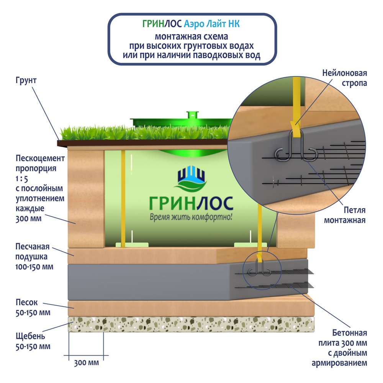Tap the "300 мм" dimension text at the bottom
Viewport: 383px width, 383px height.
[86, 362]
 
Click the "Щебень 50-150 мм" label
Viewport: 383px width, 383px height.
[33, 342]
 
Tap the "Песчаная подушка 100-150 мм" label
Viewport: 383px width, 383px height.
[34, 255]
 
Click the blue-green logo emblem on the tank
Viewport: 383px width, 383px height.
[191, 179]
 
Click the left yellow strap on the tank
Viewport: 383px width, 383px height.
[123, 199]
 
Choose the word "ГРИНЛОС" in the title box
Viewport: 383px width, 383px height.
[162, 24]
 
